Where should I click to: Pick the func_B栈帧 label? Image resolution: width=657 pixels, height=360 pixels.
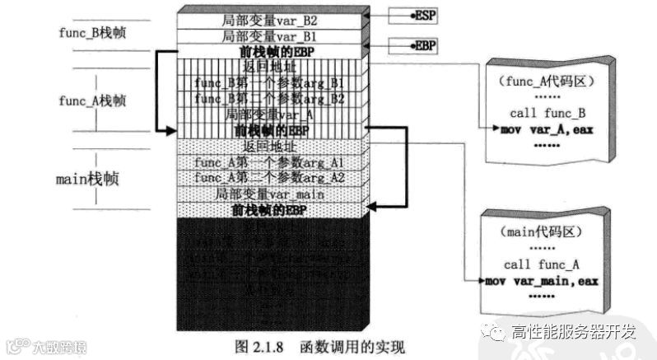(x=95, y=33)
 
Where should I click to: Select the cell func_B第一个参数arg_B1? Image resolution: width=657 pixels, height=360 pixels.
(x=269, y=83)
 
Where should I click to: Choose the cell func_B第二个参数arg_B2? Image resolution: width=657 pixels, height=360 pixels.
(x=269, y=99)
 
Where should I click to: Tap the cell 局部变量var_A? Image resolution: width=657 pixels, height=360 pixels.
(x=269, y=114)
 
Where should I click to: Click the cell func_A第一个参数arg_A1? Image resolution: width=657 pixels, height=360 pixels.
(x=269, y=162)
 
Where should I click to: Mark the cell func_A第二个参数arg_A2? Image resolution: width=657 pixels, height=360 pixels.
(x=269, y=177)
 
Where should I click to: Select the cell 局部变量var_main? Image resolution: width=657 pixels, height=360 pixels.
(x=269, y=194)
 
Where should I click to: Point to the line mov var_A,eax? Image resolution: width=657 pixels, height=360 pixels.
(x=547, y=129)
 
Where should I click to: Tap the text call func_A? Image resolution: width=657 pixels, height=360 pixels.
(x=542, y=265)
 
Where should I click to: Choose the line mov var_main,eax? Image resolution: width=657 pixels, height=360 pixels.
(x=541, y=280)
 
